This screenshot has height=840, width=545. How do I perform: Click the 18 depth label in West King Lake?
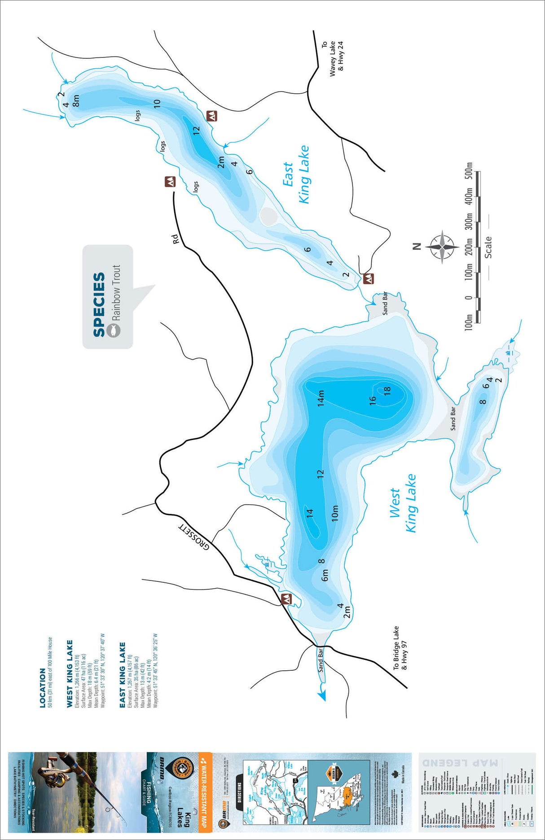pos(387,390)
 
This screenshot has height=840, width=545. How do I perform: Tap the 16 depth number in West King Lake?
pos(373,401)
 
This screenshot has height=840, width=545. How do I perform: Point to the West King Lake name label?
pos(404,503)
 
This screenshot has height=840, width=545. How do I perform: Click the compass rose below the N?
pos(442,246)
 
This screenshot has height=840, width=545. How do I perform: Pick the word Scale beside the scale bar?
pos(488,247)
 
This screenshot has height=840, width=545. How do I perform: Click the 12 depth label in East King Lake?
pos(196,131)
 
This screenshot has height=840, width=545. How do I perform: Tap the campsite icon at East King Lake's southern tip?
pos(368,278)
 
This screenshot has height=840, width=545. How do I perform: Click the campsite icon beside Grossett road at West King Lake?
pos(286,598)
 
